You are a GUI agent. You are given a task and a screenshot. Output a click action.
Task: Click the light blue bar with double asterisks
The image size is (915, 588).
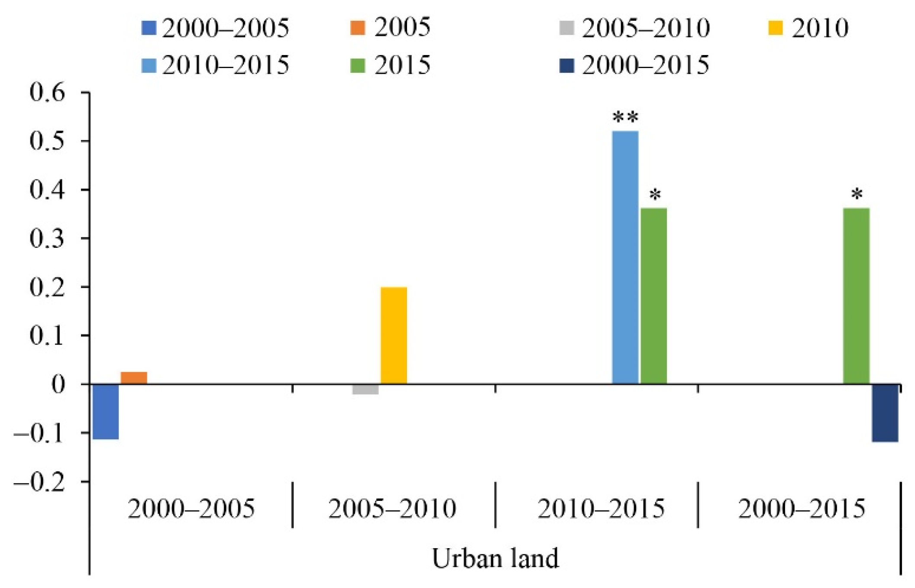click(625, 257)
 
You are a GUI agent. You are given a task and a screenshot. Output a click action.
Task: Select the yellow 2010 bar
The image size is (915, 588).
click(394, 335)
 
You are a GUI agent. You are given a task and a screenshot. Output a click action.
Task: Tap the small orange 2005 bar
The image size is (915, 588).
click(134, 378)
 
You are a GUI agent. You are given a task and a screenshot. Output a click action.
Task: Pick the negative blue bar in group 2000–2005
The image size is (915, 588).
click(106, 412)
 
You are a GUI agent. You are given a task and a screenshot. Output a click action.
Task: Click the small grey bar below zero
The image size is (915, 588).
click(365, 389)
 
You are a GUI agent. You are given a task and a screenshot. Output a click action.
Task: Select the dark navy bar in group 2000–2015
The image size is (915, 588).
click(885, 413)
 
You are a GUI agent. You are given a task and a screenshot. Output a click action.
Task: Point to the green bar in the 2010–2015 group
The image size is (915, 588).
click(653, 296)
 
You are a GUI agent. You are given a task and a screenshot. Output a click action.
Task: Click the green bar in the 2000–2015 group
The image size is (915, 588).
click(856, 296)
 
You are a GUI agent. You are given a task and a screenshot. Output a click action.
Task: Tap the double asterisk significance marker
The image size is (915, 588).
click(625, 117)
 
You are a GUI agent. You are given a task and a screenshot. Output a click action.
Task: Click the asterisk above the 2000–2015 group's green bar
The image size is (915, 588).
click(857, 195)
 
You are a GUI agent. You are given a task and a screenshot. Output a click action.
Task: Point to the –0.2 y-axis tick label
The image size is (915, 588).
click(40, 481)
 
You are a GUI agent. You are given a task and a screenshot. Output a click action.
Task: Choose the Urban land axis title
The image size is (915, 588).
click(495, 559)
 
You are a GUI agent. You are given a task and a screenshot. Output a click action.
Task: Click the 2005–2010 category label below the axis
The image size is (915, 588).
click(392, 508)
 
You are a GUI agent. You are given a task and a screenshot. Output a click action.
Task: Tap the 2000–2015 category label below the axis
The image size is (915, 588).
click(802, 508)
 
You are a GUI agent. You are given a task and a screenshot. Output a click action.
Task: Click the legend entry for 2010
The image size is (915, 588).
click(808, 28)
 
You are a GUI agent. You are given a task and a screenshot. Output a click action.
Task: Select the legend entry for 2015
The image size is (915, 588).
click(390, 65)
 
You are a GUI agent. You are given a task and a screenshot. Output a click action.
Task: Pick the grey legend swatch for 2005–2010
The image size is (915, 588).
click(566, 28)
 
